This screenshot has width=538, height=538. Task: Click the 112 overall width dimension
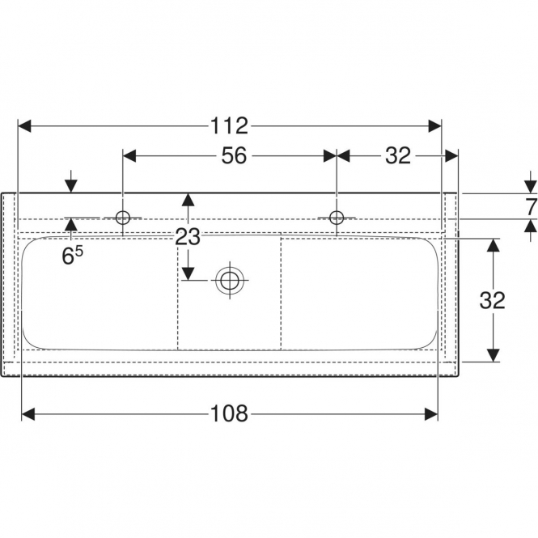tap(229, 126)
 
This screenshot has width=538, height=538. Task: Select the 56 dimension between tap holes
tap(234, 155)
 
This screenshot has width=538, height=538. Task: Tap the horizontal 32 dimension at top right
tap(398, 155)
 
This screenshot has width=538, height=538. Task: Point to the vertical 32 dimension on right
tap(493, 300)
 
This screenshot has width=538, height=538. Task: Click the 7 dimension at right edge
tap(532, 207)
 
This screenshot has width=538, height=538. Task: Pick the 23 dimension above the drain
tap(188, 237)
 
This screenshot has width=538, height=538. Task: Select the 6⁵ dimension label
tap(72, 256)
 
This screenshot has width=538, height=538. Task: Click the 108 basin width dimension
tap(229, 414)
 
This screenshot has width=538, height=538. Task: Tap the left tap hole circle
tap(123, 218)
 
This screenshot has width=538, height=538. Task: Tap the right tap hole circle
tap(337, 218)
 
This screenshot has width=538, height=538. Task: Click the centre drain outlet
tap(230, 280)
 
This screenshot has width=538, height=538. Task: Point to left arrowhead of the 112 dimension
tap(24, 126)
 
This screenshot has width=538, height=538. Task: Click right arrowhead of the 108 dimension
tap(431, 414)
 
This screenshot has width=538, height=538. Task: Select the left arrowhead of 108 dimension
tap(28, 414)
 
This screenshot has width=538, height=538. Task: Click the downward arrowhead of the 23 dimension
tap(188, 273)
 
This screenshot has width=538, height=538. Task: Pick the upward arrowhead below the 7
tap(532, 226)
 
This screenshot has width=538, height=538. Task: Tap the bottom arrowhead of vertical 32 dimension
tap(493, 355)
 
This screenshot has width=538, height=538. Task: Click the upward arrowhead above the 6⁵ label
tap(71, 224)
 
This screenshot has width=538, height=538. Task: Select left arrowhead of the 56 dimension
tap(129, 156)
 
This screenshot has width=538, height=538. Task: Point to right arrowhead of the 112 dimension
tap(434, 126)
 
